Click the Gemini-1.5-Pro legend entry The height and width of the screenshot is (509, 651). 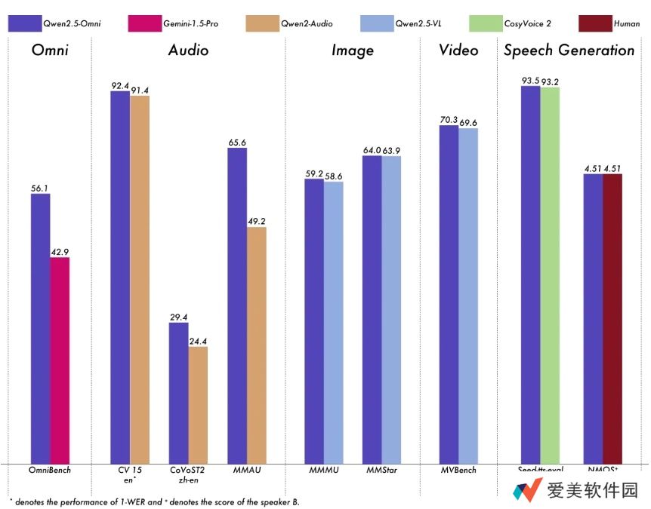point(170,24)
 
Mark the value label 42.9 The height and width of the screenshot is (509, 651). point(60,251)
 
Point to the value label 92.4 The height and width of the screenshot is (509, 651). point(120,85)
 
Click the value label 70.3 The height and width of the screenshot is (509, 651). point(449,119)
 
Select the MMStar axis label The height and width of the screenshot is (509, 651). point(381,471)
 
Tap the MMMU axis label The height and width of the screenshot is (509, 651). point(323,471)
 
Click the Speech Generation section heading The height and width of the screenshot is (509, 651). point(569,51)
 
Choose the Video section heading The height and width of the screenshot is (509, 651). point(458,51)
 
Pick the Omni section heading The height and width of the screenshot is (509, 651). point(51,51)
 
